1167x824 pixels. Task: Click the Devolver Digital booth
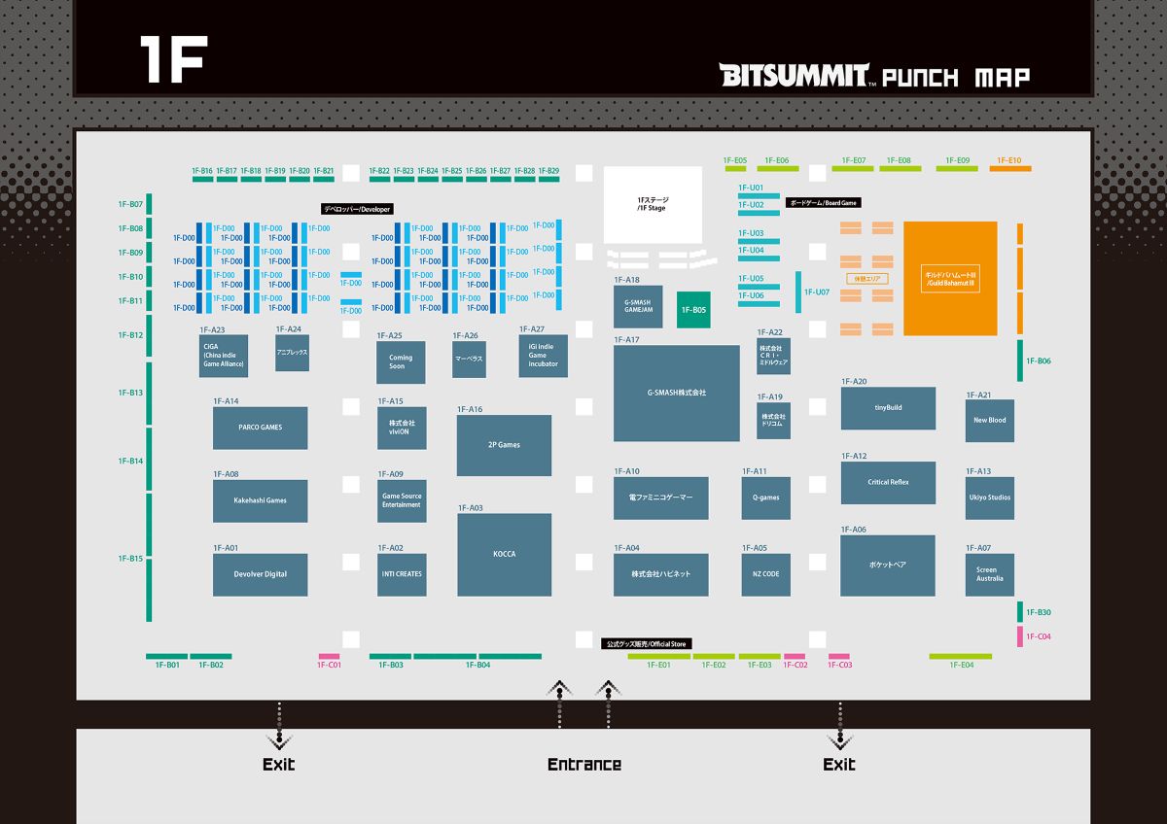coord(260,574)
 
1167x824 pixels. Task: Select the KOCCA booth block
coord(504,554)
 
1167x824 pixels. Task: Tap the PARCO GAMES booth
coord(260,428)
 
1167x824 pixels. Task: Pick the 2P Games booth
coord(504,445)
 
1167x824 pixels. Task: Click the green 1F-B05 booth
coord(693,310)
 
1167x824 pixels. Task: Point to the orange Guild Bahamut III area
coord(950,278)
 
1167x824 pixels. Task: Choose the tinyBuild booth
coord(888,408)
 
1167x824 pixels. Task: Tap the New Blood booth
coord(989,421)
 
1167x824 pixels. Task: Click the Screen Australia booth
coord(989,574)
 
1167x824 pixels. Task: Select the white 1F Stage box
coord(653,204)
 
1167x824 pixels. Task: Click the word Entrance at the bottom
coord(583,765)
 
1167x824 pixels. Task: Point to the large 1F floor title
coord(171,60)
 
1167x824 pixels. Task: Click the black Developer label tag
coord(357,209)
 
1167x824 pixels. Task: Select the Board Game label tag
coord(823,203)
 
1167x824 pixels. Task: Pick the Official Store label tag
coord(646,644)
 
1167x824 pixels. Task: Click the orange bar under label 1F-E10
coord(1010,169)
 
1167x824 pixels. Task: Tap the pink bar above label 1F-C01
coord(329,657)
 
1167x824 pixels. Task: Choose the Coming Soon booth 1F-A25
coord(401,362)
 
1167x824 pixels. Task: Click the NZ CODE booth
coord(765,574)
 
